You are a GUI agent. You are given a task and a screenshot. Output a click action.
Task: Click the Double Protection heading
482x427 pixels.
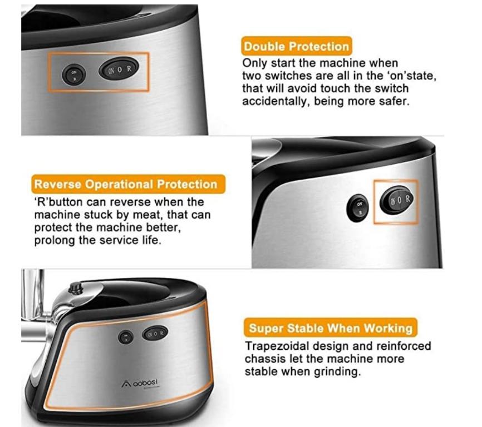[x=296, y=46]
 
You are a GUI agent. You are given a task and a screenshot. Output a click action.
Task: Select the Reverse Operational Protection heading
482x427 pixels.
[x=125, y=185]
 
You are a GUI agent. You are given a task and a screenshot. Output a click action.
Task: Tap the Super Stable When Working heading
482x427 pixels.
[x=331, y=327]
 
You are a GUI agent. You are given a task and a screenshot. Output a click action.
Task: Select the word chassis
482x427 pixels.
[x=264, y=359]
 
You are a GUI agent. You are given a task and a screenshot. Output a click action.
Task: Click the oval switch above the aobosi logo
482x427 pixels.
[x=155, y=333]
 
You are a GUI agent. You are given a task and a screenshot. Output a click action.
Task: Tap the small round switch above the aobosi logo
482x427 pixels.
[x=126, y=336]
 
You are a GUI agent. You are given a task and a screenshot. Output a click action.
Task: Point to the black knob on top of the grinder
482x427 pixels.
[x=75, y=287]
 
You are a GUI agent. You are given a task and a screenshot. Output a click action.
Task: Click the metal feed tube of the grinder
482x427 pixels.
[x=32, y=300]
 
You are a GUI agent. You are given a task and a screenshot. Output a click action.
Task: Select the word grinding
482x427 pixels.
[x=336, y=371]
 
